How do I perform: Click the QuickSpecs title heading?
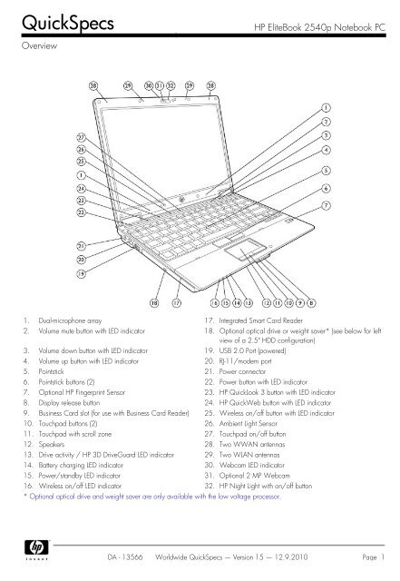[x=68, y=23]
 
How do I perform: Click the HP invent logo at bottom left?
[x=36, y=549]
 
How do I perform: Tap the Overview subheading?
[x=39, y=46]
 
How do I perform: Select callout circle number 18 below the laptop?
[x=154, y=302]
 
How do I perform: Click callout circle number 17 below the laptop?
[x=177, y=302]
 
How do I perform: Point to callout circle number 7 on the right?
[x=326, y=205]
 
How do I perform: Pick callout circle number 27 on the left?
[x=81, y=137]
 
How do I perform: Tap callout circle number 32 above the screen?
[x=171, y=85]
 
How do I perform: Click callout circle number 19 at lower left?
[x=81, y=274]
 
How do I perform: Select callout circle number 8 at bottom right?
[x=311, y=302]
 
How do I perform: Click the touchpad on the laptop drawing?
[x=245, y=249]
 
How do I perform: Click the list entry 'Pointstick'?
[x=51, y=371]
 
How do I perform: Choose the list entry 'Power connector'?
[x=242, y=371]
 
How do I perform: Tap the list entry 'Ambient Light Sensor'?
[x=248, y=424]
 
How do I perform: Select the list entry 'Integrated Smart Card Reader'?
[x=260, y=320]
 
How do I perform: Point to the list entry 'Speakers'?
[x=51, y=444]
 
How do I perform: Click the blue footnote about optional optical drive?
[x=152, y=497]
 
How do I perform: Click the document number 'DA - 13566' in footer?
[x=125, y=557]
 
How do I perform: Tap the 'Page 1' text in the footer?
[x=374, y=557]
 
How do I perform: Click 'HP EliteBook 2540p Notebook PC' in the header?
[x=319, y=27]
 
